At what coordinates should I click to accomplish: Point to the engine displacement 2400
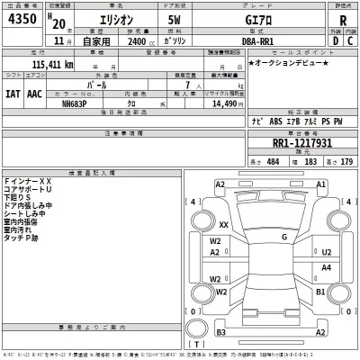pyautogui.click(x=136, y=41)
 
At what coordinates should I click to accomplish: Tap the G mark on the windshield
pyautogui.click(x=283, y=237)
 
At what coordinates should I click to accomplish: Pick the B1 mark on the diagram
pyautogui.click(x=319, y=293)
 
